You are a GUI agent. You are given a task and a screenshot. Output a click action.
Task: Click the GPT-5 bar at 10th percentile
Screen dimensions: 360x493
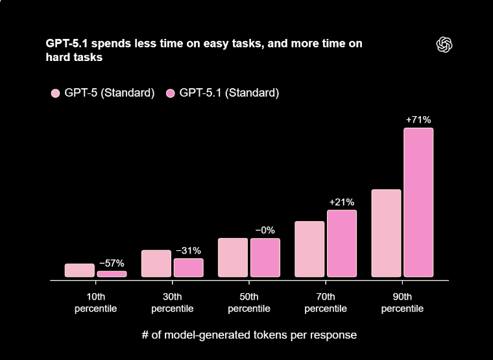(x=80, y=270)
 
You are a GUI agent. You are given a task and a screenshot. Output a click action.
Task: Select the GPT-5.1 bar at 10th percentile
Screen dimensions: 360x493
(x=112, y=274)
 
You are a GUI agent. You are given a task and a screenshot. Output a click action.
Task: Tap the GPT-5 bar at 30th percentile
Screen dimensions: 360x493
(x=156, y=263)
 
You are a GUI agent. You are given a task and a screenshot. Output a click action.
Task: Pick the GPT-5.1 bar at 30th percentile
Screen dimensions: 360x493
(x=188, y=268)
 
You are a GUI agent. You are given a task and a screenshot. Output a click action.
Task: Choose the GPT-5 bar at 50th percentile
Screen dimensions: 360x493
(x=233, y=258)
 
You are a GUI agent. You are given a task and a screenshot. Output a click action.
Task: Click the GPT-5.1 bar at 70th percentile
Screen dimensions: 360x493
(x=341, y=243)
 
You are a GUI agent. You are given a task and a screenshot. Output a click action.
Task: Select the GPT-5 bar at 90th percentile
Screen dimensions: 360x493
(x=386, y=233)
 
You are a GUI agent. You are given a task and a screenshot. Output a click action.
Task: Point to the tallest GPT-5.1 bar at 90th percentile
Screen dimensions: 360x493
(x=418, y=202)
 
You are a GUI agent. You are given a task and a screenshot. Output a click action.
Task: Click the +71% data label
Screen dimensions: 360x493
(x=418, y=120)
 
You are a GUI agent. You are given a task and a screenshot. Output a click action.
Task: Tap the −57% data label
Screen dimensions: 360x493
(x=112, y=263)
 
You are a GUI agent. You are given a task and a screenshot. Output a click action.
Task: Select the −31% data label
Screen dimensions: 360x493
(x=188, y=250)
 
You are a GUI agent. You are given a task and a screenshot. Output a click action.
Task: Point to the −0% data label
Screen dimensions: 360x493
(x=265, y=230)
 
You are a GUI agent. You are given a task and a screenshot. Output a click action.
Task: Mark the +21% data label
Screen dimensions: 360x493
(x=341, y=202)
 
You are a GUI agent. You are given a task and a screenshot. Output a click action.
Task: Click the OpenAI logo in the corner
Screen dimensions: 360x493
(x=444, y=44)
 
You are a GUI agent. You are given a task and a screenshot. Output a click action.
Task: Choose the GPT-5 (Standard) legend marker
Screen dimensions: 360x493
(x=55, y=93)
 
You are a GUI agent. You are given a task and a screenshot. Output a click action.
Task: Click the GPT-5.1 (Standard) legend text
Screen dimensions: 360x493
(x=229, y=93)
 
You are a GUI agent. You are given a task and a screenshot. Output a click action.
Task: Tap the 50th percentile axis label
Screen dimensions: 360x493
(x=249, y=303)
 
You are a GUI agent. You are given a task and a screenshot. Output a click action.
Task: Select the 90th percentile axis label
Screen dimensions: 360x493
(x=402, y=303)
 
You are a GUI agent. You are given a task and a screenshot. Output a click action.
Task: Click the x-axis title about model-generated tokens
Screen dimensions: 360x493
(x=249, y=335)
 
